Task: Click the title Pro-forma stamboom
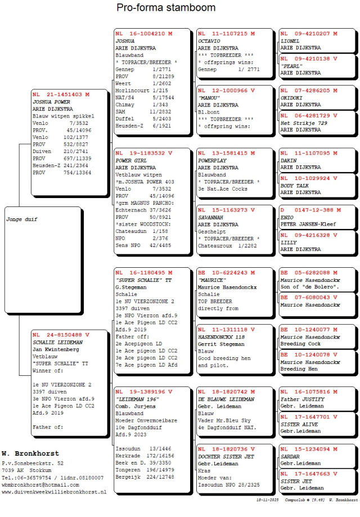pos(166,8)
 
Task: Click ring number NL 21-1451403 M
pos(61,95)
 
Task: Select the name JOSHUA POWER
pos(51,102)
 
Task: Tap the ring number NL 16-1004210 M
pos(143,34)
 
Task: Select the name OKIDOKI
pos(292,97)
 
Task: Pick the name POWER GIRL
pos(128,160)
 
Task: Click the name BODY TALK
pos(294,185)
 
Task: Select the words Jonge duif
pos(21,219)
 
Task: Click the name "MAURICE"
pos(212,280)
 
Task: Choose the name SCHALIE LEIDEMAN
pos(57,342)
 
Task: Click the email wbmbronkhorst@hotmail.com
pos(40,484)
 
